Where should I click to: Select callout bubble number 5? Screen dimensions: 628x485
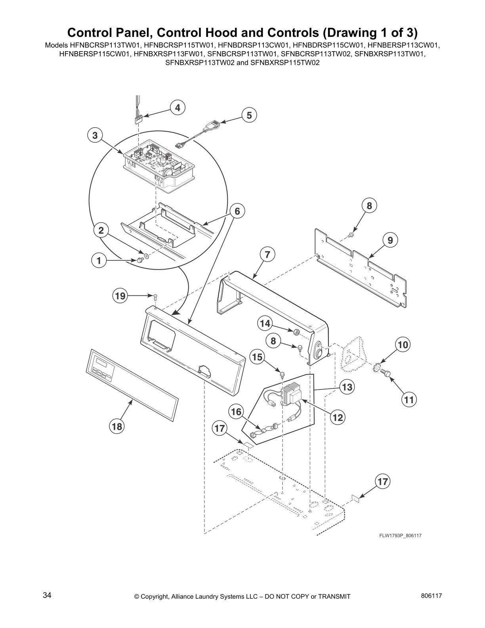(x=249, y=115)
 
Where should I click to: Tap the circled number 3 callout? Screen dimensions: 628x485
(x=95, y=136)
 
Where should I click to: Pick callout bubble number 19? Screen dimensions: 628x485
(x=120, y=296)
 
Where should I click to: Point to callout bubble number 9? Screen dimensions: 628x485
(x=390, y=240)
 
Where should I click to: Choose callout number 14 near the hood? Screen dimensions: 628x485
(x=265, y=324)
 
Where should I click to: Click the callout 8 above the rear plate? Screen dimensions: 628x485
(x=369, y=206)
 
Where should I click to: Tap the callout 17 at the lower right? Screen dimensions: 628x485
(x=382, y=482)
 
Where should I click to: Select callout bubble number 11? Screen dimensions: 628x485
(x=409, y=400)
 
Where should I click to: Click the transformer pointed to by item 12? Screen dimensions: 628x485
(x=293, y=394)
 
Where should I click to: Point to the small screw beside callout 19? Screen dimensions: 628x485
(x=155, y=295)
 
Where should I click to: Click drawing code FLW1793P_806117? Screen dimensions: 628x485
(x=400, y=536)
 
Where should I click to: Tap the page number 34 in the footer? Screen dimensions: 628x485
(x=47, y=595)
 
